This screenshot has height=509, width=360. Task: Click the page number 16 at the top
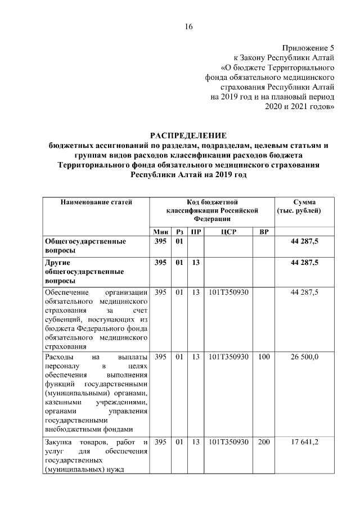188,27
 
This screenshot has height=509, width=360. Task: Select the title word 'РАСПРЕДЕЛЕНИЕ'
188,136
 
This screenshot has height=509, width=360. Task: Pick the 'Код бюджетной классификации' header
212,210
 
